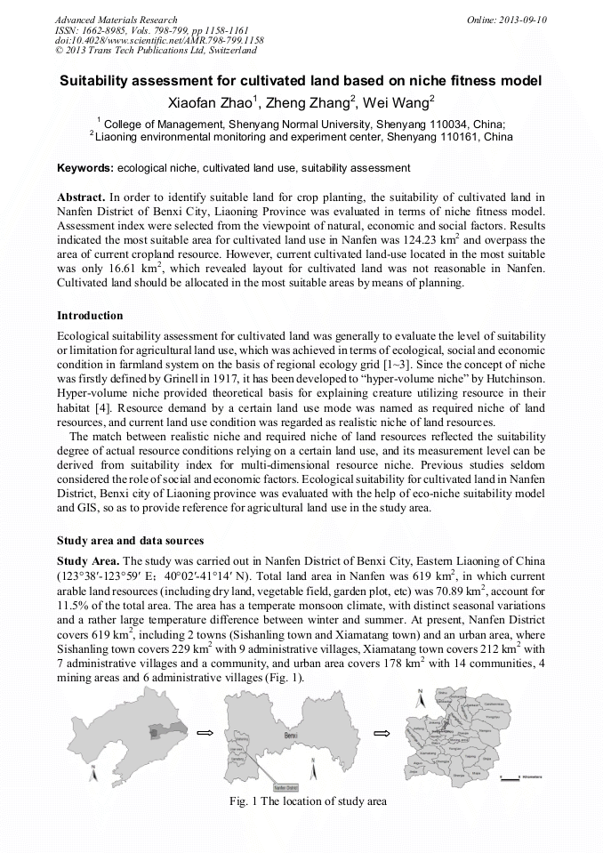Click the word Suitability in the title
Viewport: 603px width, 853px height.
tap(96, 81)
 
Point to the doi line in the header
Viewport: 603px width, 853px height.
tap(159, 40)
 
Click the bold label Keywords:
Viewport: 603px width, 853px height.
tap(85, 168)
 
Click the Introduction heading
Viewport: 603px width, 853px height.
tap(90, 316)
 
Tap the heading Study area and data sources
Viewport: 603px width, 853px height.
tap(130, 541)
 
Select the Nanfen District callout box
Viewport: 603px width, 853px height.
tap(286, 788)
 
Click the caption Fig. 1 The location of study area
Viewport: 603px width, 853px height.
tap(308, 801)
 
